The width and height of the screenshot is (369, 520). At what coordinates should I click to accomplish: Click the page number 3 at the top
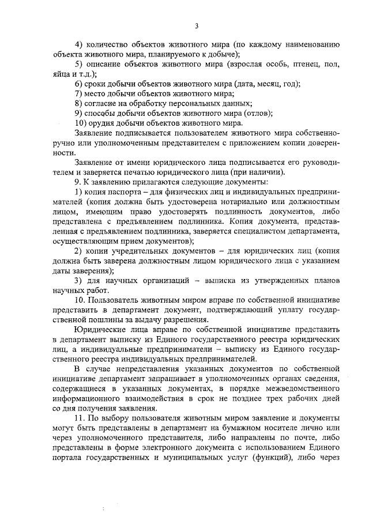point(196,26)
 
